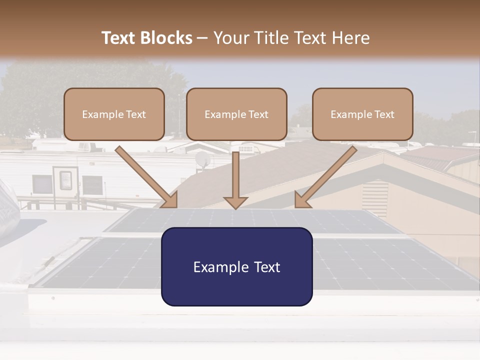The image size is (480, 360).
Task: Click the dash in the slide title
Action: click(202, 38)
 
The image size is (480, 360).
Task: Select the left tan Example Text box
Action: click(114, 114)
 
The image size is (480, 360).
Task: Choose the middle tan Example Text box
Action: click(236, 114)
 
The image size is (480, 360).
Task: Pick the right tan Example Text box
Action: click(362, 114)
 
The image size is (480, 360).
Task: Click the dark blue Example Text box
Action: click(236, 266)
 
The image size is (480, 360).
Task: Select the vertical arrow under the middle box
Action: click(235, 180)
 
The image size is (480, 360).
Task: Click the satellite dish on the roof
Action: click(202, 159)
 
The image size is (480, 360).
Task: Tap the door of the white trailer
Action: click(65, 181)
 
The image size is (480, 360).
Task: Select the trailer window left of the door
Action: click(41, 184)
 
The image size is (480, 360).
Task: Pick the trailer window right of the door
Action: click(92, 184)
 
